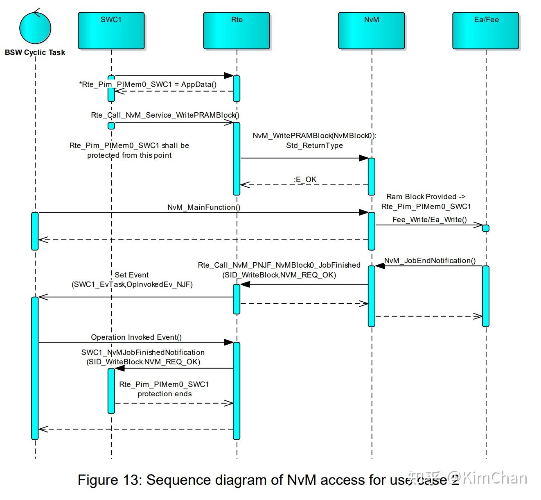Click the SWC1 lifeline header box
[x=111, y=31]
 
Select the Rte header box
[x=237, y=31]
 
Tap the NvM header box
[x=371, y=31]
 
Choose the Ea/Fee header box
[x=486, y=31]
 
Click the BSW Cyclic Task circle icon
[x=35, y=27]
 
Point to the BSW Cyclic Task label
[x=35, y=52]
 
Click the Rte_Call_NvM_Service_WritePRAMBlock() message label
[x=165, y=115]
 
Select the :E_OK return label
[x=305, y=180]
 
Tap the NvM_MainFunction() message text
[x=204, y=207]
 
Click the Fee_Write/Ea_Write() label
[x=430, y=220]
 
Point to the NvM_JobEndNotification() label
[x=430, y=261]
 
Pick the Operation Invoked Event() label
[x=136, y=337]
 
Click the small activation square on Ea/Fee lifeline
[x=486, y=228]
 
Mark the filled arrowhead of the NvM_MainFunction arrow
[x=364, y=212]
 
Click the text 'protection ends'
[x=165, y=394]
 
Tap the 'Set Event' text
[x=132, y=275]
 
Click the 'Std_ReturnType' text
[x=314, y=145]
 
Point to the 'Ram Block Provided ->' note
[x=426, y=197]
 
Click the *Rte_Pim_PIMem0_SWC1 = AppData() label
[x=148, y=84]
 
